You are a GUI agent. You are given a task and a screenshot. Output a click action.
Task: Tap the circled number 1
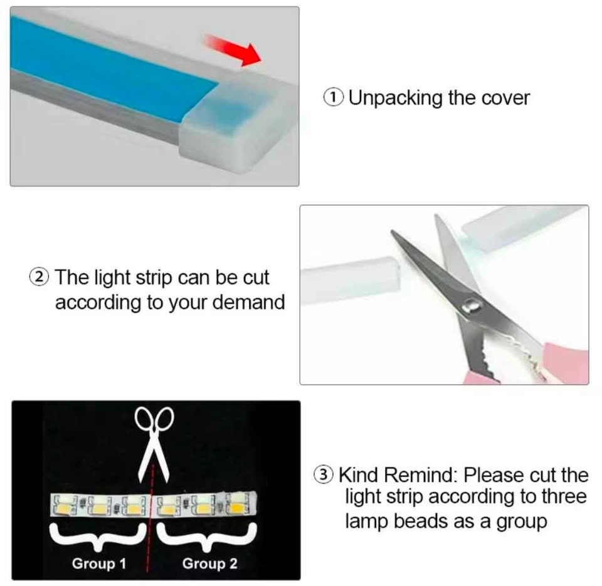pyautogui.click(x=333, y=98)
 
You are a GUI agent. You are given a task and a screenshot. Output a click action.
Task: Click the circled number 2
pyautogui.click(x=39, y=277)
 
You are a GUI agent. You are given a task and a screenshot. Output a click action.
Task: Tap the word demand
pyautogui.click(x=248, y=302)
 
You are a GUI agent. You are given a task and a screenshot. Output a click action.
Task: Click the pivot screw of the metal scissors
pyautogui.click(x=471, y=306)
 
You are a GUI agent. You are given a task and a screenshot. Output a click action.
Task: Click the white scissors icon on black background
pyautogui.click(x=154, y=444)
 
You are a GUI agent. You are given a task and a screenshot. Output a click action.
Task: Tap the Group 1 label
pyautogui.click(x=98, y=563)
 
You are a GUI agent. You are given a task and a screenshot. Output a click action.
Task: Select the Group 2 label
pyautogui.click(x=209, y=563)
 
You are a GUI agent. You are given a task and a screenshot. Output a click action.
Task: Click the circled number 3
pyautogui.click(x=324, y=474)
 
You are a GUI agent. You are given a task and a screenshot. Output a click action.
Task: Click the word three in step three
pyautogui.click(x=564, y=496)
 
